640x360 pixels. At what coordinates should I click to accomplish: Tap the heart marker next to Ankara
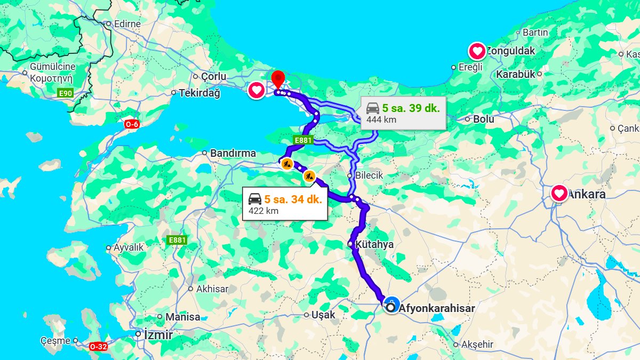559,193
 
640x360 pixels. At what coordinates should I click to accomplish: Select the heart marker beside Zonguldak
477,52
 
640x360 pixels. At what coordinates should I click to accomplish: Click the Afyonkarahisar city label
436,308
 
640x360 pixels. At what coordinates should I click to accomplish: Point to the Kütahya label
374,244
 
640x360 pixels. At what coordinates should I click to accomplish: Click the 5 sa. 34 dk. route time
292,199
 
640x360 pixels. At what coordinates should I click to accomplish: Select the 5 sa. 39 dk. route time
411,108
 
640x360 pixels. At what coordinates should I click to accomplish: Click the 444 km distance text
381,119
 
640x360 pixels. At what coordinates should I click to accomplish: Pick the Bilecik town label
369,175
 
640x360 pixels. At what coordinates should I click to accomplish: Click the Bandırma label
233,153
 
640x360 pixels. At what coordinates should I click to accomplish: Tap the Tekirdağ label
199,93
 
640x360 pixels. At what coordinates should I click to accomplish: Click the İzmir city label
158,335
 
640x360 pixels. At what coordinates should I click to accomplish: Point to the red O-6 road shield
132,124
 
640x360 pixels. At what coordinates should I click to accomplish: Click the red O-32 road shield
98,346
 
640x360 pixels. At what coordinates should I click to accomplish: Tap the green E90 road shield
65,93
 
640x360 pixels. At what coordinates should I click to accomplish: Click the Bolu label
483,119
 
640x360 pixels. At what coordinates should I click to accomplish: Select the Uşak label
324,315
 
